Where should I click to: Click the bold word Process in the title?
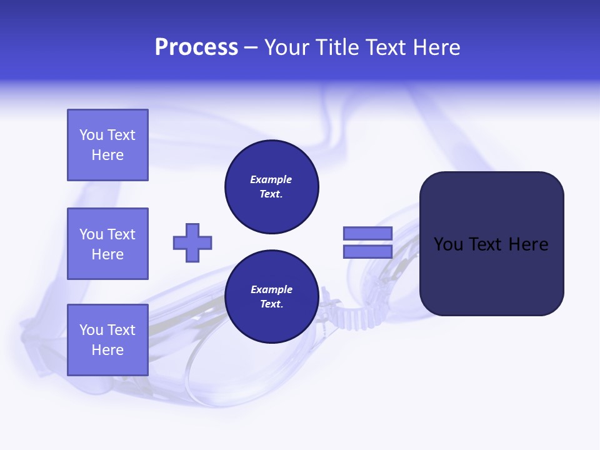point(196,47)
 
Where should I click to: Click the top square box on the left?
point(107,145)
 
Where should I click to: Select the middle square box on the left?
point(107,244)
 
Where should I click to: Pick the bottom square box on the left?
point(107,339)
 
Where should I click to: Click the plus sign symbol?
point(192,242)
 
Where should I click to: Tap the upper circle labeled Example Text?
point(271,186)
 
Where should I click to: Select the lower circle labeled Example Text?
point(271,296)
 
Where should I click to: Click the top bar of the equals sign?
point(367,233)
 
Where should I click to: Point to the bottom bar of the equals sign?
point(367,251)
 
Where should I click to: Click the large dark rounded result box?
point(491,275)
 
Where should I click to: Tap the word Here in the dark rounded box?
point(528,244)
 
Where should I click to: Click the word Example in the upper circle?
point(271,179)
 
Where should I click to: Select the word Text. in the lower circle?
point(271,304)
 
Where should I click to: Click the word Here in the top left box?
point(107,155)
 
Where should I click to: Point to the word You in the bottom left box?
point(91,329)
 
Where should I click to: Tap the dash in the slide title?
point(251,48)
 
